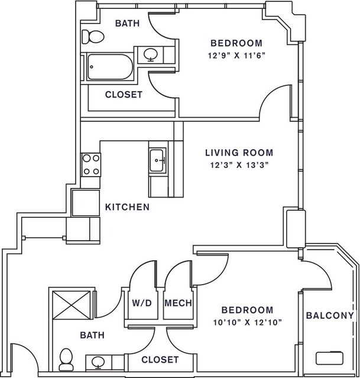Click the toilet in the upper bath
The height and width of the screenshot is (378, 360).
(93, 37)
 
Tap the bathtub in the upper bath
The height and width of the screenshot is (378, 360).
(110, 67)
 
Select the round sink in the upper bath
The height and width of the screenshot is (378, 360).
(151, 54)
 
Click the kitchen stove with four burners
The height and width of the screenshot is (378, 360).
(91, 165)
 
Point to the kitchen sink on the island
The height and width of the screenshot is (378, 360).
(158, 160)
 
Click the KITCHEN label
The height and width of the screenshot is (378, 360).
(127, 207)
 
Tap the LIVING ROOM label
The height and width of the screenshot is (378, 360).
(239, 153)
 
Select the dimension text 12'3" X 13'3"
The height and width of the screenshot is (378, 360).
(239, 166)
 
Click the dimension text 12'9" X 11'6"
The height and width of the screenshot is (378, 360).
(236, 56)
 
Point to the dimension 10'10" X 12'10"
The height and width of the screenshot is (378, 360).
(248, 322)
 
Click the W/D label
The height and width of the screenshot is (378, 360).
(142, 303)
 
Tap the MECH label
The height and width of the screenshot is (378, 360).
(178, 303)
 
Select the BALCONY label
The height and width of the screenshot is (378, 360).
(330, 315)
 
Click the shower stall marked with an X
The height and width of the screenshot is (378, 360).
(72, 305)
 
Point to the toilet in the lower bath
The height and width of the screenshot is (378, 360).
(66, 360)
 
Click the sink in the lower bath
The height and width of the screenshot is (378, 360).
(98, 363)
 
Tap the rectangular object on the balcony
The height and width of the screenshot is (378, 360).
(329, 358)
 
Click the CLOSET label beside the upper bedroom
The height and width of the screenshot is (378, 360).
(124, 95)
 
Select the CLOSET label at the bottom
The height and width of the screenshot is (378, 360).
(160, 360)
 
